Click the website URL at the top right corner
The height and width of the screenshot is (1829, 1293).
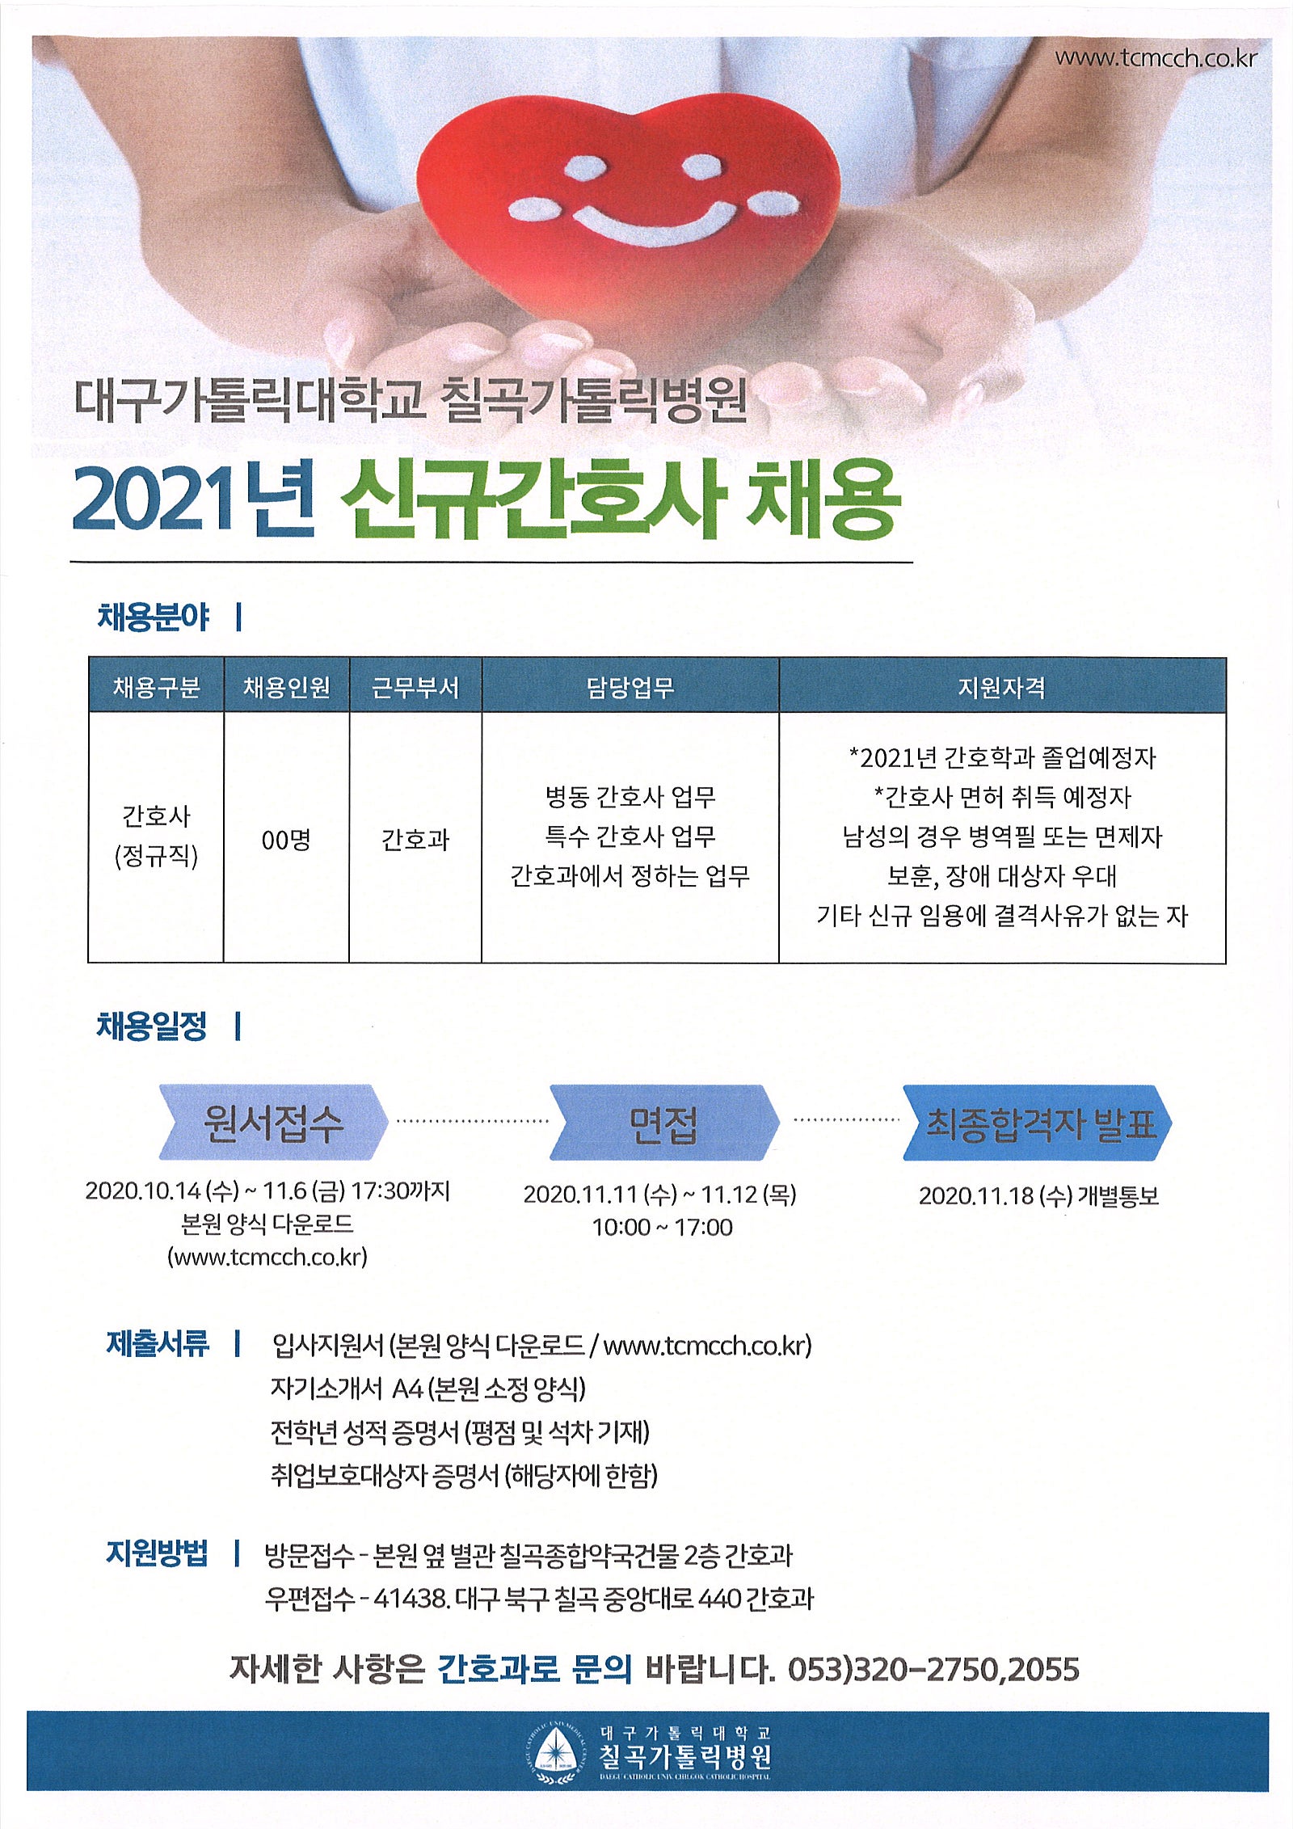pos(1156,58)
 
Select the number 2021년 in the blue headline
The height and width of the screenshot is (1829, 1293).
pos(192,499)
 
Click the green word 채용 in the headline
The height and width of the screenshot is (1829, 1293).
pos(823,499)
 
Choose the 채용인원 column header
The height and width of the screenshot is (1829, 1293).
pos(286,687)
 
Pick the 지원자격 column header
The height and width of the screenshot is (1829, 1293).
pos(1001,687)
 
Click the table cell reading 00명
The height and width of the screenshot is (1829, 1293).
pos(286,840)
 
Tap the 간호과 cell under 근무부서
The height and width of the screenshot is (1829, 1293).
pos(415,840)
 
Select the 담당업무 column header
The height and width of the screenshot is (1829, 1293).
pos(630,687)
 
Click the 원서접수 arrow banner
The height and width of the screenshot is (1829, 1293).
pos(273,1122)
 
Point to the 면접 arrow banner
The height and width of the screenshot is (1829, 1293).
pos(664,1123)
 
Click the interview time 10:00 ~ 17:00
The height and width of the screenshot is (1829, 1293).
pos(663,1227)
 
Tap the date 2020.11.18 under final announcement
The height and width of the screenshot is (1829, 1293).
pos(976,1195)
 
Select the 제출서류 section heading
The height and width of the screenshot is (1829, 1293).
pos(158,1343)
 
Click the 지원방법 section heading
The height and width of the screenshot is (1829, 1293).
pos(158,1553)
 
